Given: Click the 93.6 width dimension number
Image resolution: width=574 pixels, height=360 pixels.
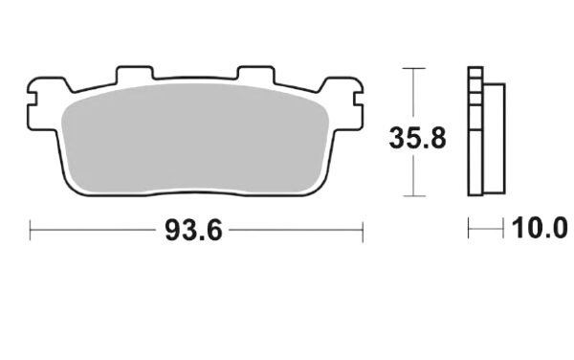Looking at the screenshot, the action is (193, 231).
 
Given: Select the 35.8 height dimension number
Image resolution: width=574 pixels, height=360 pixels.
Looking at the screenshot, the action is (417, 138).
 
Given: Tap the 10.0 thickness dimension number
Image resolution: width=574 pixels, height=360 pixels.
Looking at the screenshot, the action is (540, 228).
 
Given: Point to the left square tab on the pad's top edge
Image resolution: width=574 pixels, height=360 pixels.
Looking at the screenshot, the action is (134, 74).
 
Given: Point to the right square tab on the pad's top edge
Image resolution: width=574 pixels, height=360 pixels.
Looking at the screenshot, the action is (255, 74).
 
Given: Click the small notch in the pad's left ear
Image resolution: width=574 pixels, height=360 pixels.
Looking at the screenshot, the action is (33, 99).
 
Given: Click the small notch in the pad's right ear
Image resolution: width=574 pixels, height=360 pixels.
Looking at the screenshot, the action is (359, 99).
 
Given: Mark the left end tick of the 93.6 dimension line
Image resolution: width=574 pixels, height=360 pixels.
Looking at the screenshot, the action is (30, 231).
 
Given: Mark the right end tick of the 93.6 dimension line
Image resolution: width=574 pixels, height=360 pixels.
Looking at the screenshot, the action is (363, 232).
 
